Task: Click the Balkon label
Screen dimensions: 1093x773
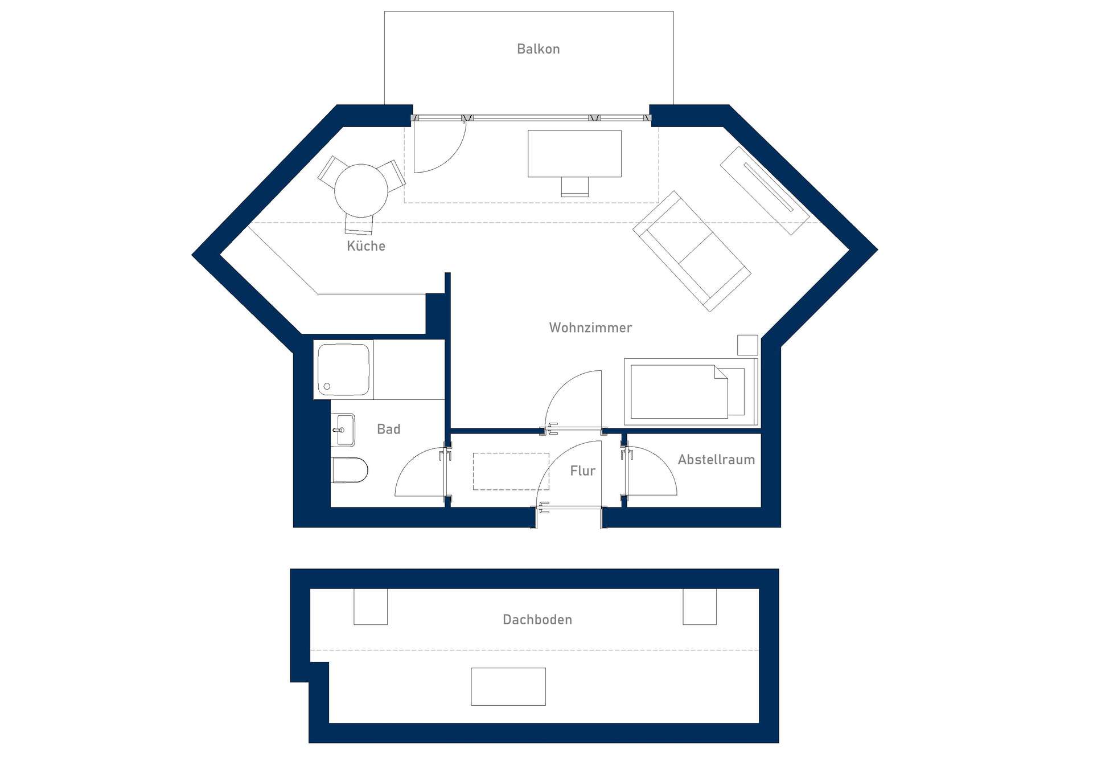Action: [x=538, y=49]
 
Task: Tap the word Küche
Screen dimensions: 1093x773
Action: [x=366, y=246]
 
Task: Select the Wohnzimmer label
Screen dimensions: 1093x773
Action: [x=590, y=328]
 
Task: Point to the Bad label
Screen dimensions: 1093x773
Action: [x=389, y=429]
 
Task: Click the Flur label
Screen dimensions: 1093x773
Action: [x=582, y=471]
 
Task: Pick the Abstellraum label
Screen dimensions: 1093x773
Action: [x=716, y=460]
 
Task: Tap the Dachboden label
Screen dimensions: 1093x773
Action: [x=537, y=620]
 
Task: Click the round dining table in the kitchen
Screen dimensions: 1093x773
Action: [x=361, y=191]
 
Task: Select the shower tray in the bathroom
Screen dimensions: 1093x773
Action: [x=343, y=370]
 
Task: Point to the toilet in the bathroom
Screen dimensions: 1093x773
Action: [x=350, y=470]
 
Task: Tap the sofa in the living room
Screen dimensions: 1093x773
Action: [x=692, y=251]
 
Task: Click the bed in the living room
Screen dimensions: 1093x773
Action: [x=691, y=392]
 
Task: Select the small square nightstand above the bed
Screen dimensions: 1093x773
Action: [x=747, y=345]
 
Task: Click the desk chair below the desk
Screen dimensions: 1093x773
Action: [x=574, y=186]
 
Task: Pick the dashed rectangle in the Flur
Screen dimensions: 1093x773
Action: [x=511, y=471]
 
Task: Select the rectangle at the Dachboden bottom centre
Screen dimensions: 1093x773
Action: [x=508, y=686]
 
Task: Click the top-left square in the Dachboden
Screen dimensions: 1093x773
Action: [x=371, y=607]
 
